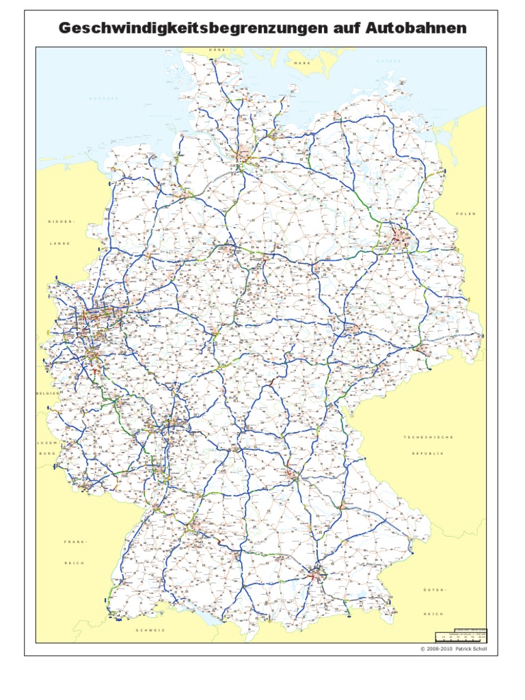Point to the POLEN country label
coord(466,214)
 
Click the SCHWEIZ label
coord(151,630)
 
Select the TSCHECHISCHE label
coord(429,437)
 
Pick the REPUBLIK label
coord(429,454)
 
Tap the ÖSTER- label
coord(433,589)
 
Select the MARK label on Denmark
coord(302,63)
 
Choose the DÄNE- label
coord(219,50)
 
